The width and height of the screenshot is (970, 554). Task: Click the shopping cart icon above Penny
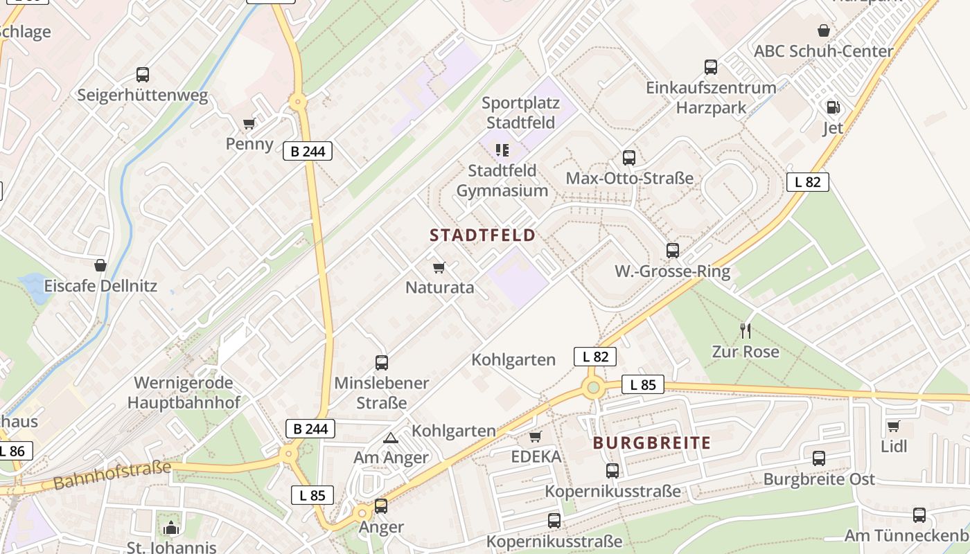[249, 124]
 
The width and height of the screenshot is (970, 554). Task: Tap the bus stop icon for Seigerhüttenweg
[143, 75]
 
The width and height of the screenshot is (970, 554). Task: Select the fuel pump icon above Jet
[833, 107]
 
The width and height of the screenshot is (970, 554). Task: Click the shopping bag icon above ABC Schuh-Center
[824, 30]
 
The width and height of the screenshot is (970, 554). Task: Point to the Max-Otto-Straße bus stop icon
[629, 158]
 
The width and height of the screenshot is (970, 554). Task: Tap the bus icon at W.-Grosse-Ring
[672, 251]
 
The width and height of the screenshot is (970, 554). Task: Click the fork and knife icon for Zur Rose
[746, 330]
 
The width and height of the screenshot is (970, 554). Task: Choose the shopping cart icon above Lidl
[894, 426]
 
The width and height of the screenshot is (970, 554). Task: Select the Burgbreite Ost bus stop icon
[819, 458]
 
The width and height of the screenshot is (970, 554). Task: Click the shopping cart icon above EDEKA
[536, 436]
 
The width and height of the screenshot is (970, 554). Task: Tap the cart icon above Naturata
[439, 267]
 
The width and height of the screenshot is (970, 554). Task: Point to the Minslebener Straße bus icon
[382, 362]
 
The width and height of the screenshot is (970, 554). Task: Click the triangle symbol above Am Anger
[391, 438]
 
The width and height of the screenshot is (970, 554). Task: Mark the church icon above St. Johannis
[171, 528]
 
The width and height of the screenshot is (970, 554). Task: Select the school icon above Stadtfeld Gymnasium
[503, 150]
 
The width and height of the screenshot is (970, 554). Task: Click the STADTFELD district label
[483, 235]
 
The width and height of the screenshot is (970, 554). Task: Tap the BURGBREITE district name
[652, 443]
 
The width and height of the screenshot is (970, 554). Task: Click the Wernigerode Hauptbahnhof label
[184, 393]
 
